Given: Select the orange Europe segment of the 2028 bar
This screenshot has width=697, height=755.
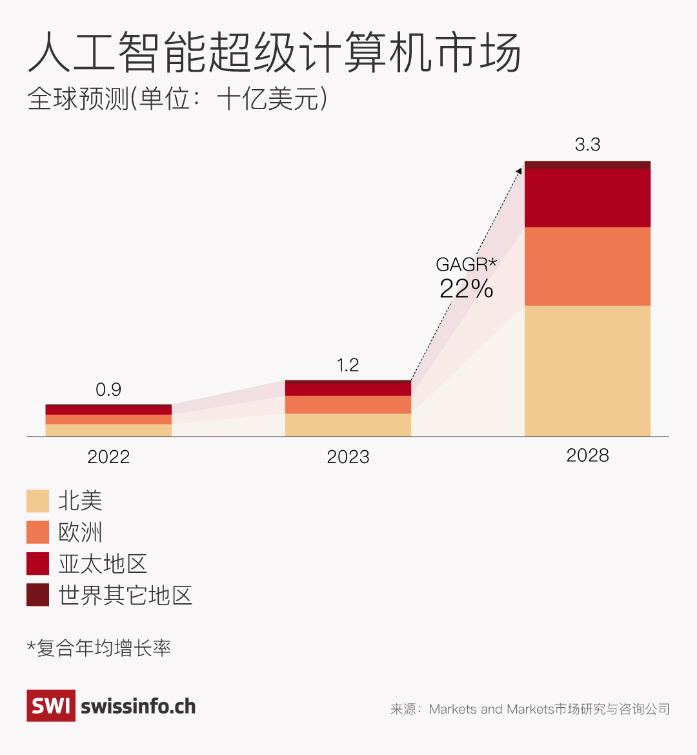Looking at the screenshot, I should coord(587,266).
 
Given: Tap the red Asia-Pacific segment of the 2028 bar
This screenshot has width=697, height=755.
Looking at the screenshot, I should coord(587,198).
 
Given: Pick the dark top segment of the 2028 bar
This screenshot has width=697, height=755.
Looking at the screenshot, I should coord(587,165).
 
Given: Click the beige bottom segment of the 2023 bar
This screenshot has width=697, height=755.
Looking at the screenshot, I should coord(348,424).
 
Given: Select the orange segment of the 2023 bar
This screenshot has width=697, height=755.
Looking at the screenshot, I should coord(348,404).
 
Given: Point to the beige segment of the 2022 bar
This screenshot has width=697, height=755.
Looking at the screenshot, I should coord(108,430).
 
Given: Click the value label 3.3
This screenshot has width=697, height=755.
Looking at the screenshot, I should coord(587,145).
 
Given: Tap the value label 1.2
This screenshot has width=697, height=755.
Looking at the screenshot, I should coord(348,365).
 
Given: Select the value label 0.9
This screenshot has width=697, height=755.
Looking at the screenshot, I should coord(108,389).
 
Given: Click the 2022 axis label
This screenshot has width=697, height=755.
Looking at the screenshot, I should coord(108,457).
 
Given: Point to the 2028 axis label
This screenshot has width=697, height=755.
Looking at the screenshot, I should coord(587,455).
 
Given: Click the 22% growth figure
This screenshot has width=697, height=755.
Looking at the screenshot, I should coord(466,289).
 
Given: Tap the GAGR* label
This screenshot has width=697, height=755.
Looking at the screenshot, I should coord(466,264).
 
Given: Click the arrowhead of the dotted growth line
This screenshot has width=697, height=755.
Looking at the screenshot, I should coord(520,170).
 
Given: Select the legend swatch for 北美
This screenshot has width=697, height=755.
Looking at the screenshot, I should coord(37,501).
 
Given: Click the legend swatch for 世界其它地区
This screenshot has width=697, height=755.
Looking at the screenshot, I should coord(37,595).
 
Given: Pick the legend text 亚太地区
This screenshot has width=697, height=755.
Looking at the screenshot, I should coord(103,564).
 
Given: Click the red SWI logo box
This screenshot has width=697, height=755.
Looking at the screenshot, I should coord(50,706).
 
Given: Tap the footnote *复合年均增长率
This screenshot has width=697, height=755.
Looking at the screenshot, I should coord(99,648).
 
